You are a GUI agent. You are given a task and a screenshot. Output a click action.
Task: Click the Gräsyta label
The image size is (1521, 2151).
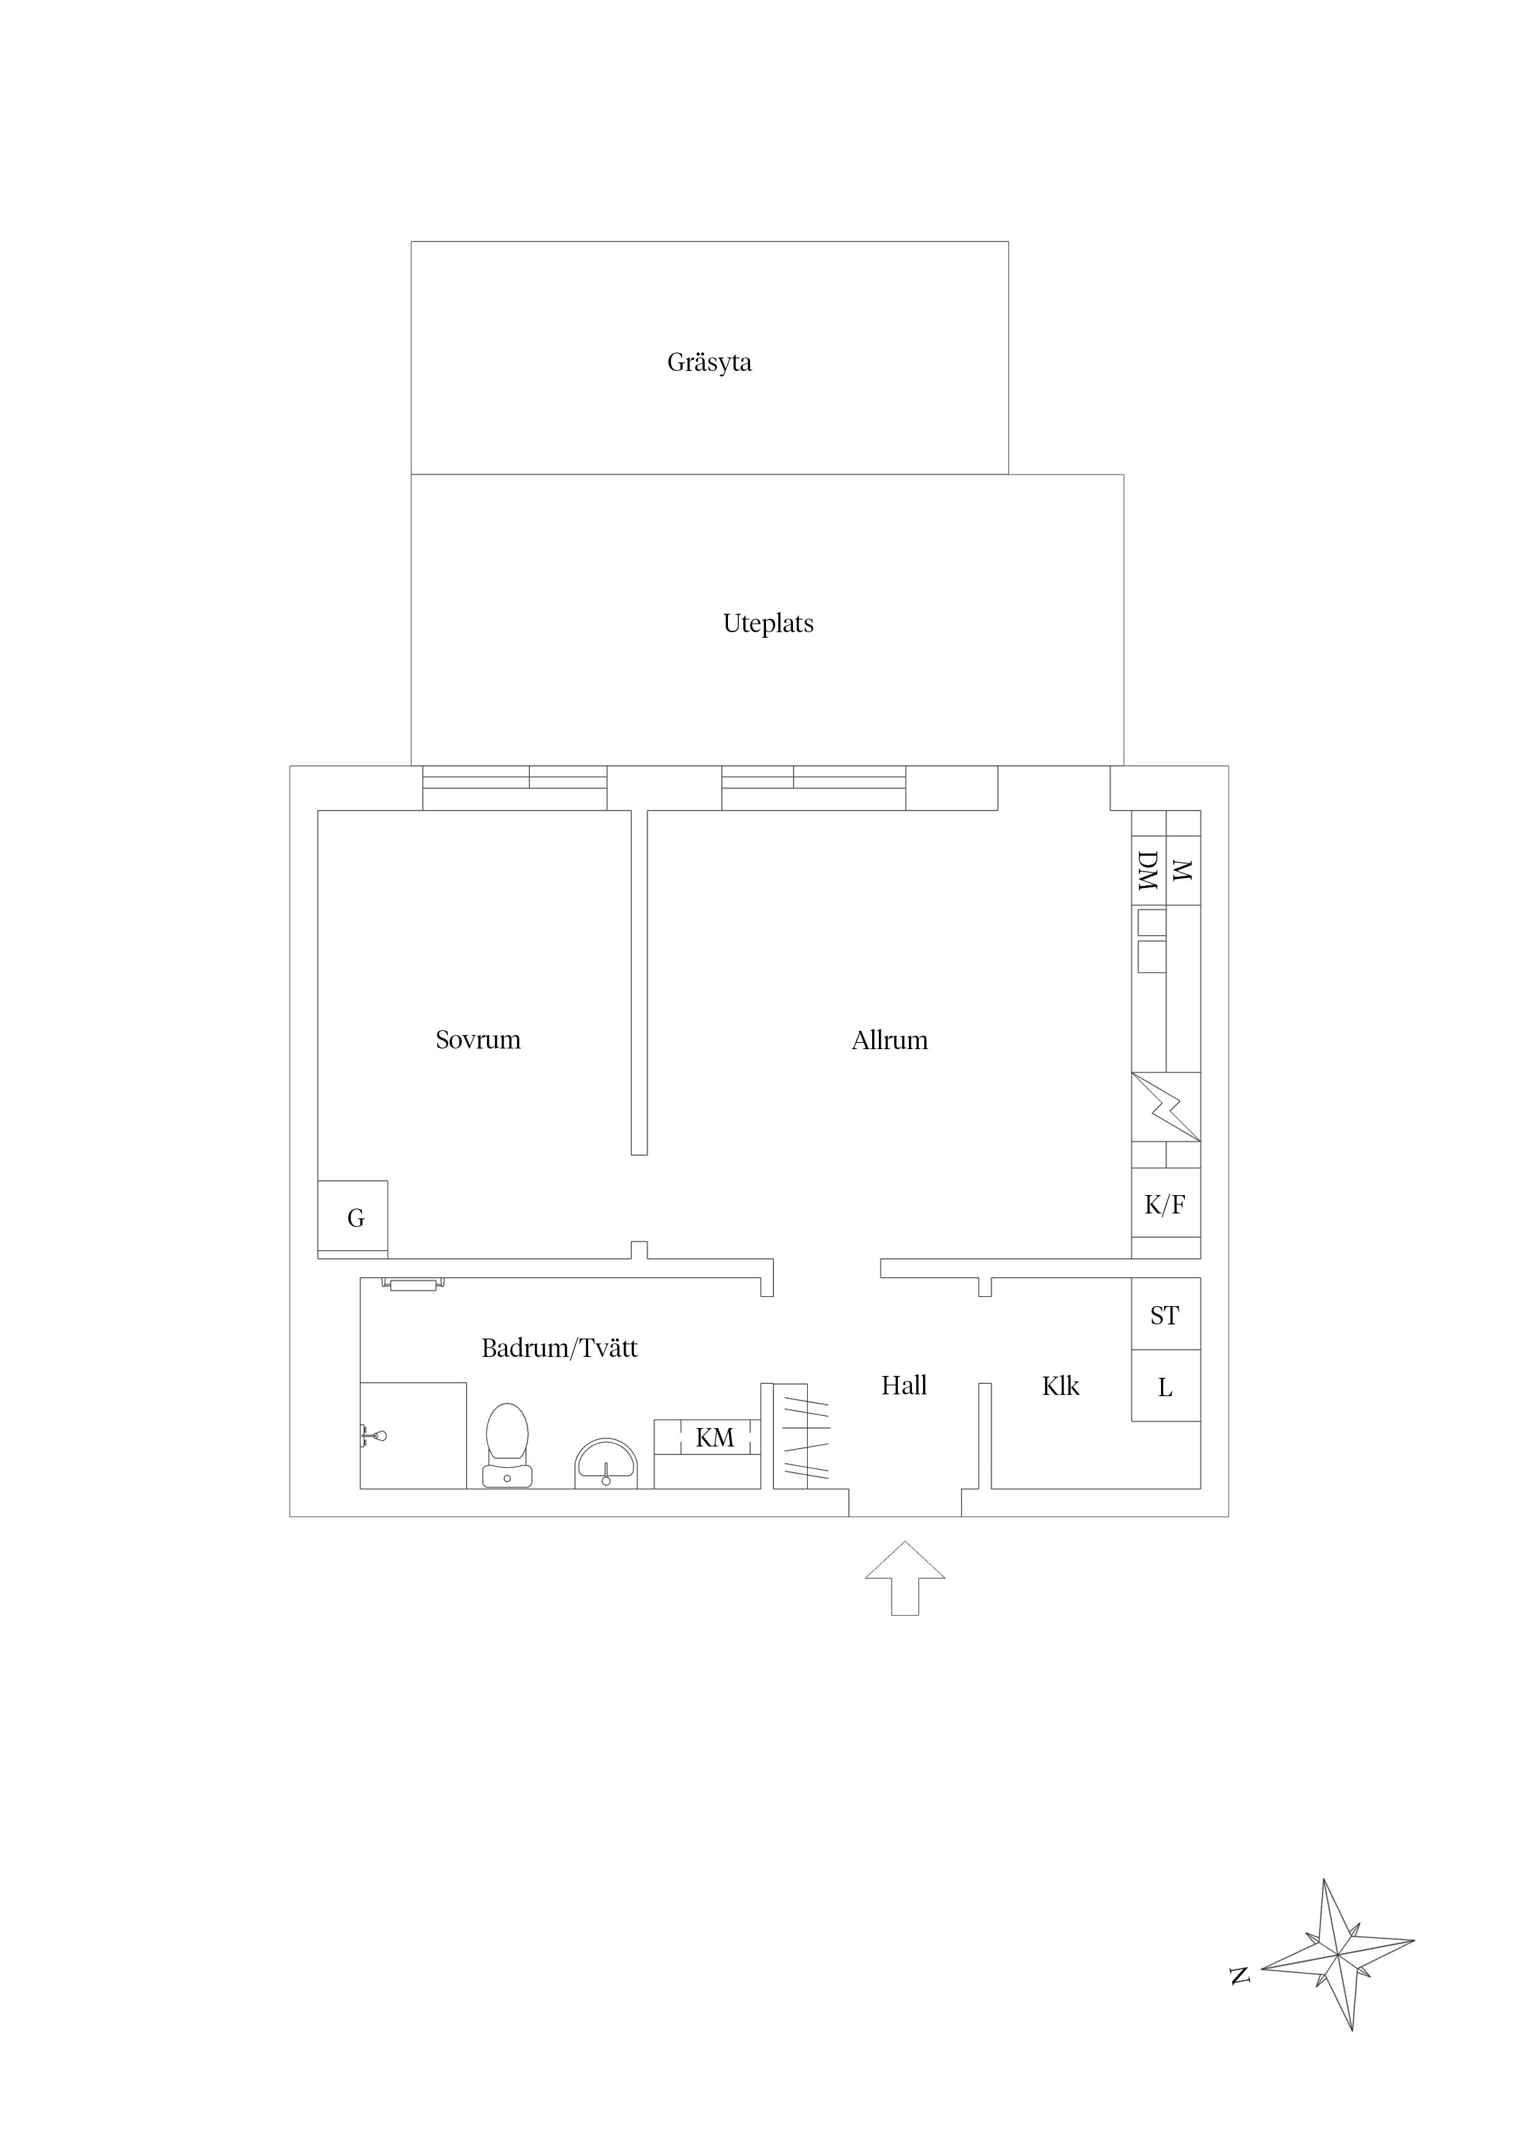tap(710, 362)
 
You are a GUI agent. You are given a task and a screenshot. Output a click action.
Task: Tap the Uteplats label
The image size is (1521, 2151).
tap(768, 624)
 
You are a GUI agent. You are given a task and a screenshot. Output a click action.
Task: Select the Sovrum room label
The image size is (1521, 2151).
tap(478, 1040)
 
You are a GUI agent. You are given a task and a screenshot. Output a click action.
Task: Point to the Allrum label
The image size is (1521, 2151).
tap(889, 1040)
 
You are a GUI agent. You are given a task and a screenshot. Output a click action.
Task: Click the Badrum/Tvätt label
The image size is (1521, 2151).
tap(559, 1348)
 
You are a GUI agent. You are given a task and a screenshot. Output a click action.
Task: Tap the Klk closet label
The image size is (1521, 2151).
tap(1061, 1386)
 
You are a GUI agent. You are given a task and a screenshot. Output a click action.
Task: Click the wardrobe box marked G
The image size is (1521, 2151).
tap(353, 1218)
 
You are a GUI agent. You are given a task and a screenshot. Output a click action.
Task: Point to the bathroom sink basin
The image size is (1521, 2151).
tap(607, 1464)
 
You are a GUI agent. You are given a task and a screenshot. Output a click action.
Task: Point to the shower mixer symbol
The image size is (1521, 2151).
tap(373, 1435)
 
